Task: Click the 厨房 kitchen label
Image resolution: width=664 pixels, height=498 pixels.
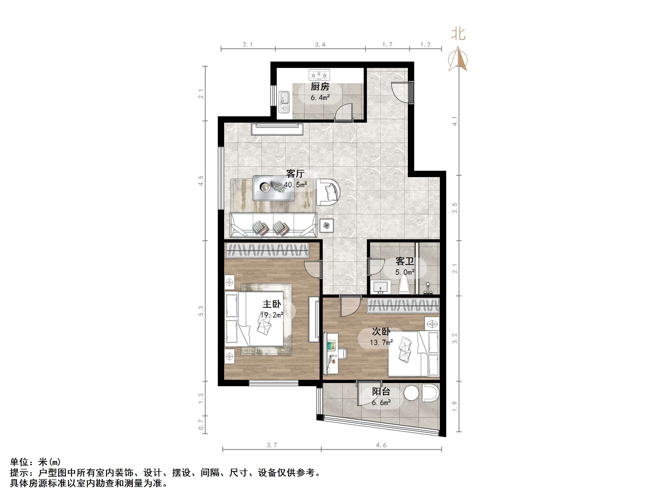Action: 320,87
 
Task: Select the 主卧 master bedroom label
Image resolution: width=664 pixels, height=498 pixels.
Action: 272,304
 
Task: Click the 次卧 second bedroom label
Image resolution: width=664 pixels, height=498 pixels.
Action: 381,331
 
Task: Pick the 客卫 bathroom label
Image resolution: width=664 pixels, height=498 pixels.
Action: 405,261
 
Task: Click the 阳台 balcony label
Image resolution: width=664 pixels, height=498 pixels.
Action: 381,391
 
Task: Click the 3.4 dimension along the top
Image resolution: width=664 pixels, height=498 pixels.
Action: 320,45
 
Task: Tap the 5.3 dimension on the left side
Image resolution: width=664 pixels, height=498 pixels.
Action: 201,311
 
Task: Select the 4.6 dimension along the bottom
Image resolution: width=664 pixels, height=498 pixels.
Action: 381,445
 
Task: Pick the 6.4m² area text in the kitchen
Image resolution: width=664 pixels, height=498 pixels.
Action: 320,98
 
